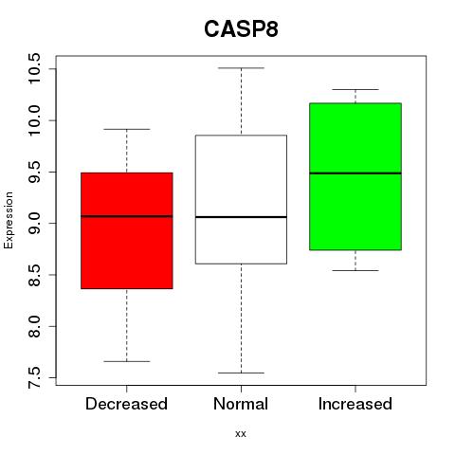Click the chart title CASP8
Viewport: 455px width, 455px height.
click(x=241, y=29)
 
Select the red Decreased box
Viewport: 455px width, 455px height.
click(x=127, y=230)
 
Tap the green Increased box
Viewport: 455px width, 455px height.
click(x=355, y=176)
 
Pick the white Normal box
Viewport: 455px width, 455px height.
click(x=241, y=199)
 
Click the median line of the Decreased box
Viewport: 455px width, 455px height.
click(x=127, y=216)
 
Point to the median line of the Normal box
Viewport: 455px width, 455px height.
click(x=241, y=217)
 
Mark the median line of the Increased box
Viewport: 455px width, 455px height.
click(x=355, y=173)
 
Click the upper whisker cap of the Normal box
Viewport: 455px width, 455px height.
click(x=241, y=68)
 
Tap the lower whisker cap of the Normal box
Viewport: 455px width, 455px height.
click(x=241, y=373)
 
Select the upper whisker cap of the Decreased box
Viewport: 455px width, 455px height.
click(x=127, y=129)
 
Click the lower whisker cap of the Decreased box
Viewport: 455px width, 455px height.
click(x=127, y=361)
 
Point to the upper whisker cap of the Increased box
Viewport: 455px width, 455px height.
click(x=355, y=89)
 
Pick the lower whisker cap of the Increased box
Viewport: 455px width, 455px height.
click(x=355, y=270)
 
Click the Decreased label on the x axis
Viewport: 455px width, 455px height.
click(x=126, y=404)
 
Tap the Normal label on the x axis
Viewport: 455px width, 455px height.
click(x=241, y=404)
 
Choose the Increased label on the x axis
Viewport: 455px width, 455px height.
click(x=355, y=404)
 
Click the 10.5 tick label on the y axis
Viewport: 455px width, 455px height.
click(x=34, y=68)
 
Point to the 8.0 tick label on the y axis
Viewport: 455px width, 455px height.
click(x=34, y=326)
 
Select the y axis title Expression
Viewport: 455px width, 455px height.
click(x=9, y=220)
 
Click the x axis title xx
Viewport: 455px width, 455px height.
click(x=241, y=434)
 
